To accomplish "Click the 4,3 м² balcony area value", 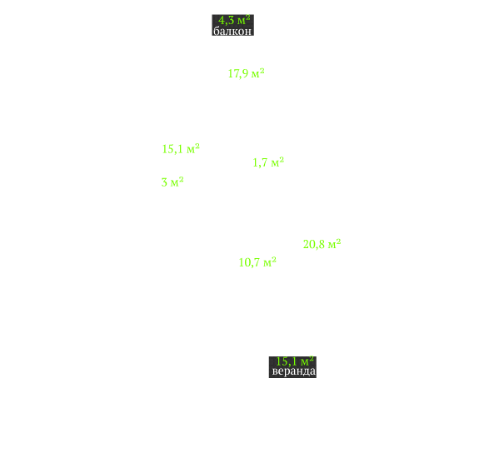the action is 234,20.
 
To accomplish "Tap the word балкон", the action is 232,31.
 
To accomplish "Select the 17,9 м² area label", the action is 247,73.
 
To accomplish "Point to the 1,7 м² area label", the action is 268,162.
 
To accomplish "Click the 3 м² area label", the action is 172,182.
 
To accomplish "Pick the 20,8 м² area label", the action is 322,244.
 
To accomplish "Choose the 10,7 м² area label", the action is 257,262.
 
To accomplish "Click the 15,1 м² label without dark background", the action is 181,149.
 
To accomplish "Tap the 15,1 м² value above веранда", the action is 295,361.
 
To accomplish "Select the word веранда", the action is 293,371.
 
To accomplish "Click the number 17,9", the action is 238,73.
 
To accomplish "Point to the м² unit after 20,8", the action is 335,244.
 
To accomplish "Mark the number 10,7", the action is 249,262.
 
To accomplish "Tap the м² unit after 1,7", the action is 277,162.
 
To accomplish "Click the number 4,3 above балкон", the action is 226,21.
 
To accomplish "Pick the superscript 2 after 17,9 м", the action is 262,70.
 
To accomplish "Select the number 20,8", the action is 314,244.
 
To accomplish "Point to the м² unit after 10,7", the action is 270,261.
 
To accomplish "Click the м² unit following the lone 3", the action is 177,182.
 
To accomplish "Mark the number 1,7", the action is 260,162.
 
